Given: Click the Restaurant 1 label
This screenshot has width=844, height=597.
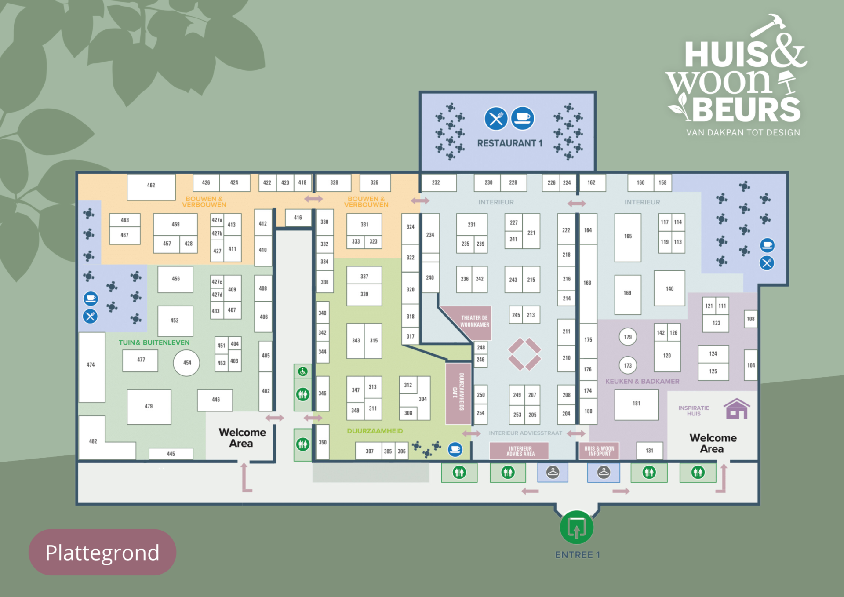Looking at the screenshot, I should [x=509, y=143].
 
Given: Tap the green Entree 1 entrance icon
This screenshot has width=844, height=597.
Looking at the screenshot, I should [x=576, y=527].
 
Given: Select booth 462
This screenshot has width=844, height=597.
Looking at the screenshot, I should [x=151, y=186].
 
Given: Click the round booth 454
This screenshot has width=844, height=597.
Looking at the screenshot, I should [x=187, y=363].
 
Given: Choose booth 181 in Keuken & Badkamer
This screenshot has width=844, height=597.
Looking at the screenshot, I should [x=636, y=404].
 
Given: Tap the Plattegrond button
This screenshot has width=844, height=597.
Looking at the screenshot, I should [x=102, y=553].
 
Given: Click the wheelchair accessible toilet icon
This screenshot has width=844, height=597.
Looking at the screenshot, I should [x=303, y=372].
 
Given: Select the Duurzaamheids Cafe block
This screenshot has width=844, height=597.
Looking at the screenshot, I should [x=458, y=393].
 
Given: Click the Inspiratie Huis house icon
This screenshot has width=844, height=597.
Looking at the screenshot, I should [x=737, y=408].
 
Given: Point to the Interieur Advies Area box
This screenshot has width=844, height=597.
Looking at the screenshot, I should [x=520, y=451].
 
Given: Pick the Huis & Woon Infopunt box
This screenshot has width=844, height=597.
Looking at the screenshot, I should [x=599, y=451].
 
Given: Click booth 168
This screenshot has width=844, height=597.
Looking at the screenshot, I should [x=587, y=283].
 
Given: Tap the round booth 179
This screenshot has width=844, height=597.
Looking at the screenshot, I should [x=628, y=337].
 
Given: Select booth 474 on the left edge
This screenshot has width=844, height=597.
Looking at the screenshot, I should [x=91, y=365].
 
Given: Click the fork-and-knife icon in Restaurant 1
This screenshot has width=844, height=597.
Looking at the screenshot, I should [x=496, y=119].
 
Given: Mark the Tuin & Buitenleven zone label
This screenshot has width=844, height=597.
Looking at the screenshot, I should [x=154, y=342].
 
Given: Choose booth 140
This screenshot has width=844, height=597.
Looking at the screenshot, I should [x=669, y=289].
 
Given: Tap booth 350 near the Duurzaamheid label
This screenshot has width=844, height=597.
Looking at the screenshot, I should [x=323, y=442].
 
